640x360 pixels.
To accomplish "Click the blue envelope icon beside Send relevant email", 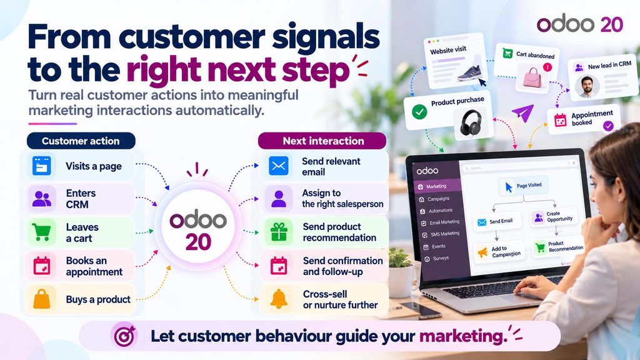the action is [279, 166].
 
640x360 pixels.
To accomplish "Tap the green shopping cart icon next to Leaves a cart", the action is [42, 232].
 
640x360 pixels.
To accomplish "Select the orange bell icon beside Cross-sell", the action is [279, 299].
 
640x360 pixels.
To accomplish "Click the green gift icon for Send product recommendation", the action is [279, 232].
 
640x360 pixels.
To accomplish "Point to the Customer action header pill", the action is [81, 141].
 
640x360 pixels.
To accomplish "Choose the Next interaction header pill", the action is [322, 141].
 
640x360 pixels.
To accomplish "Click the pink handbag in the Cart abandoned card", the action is [532, 77].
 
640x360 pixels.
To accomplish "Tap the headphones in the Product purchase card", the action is [471, 122].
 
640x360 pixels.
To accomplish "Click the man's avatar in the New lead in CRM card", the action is [587, 86].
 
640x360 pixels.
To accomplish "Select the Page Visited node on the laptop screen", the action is [523, 186].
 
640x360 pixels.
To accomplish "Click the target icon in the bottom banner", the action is [124, 336].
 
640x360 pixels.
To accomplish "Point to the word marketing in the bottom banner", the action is [463, 336].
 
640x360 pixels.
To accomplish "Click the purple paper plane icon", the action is [523, 112].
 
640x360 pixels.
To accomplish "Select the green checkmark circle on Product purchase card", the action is [419, 112].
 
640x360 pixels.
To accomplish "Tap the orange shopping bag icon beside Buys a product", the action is [42, 299].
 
